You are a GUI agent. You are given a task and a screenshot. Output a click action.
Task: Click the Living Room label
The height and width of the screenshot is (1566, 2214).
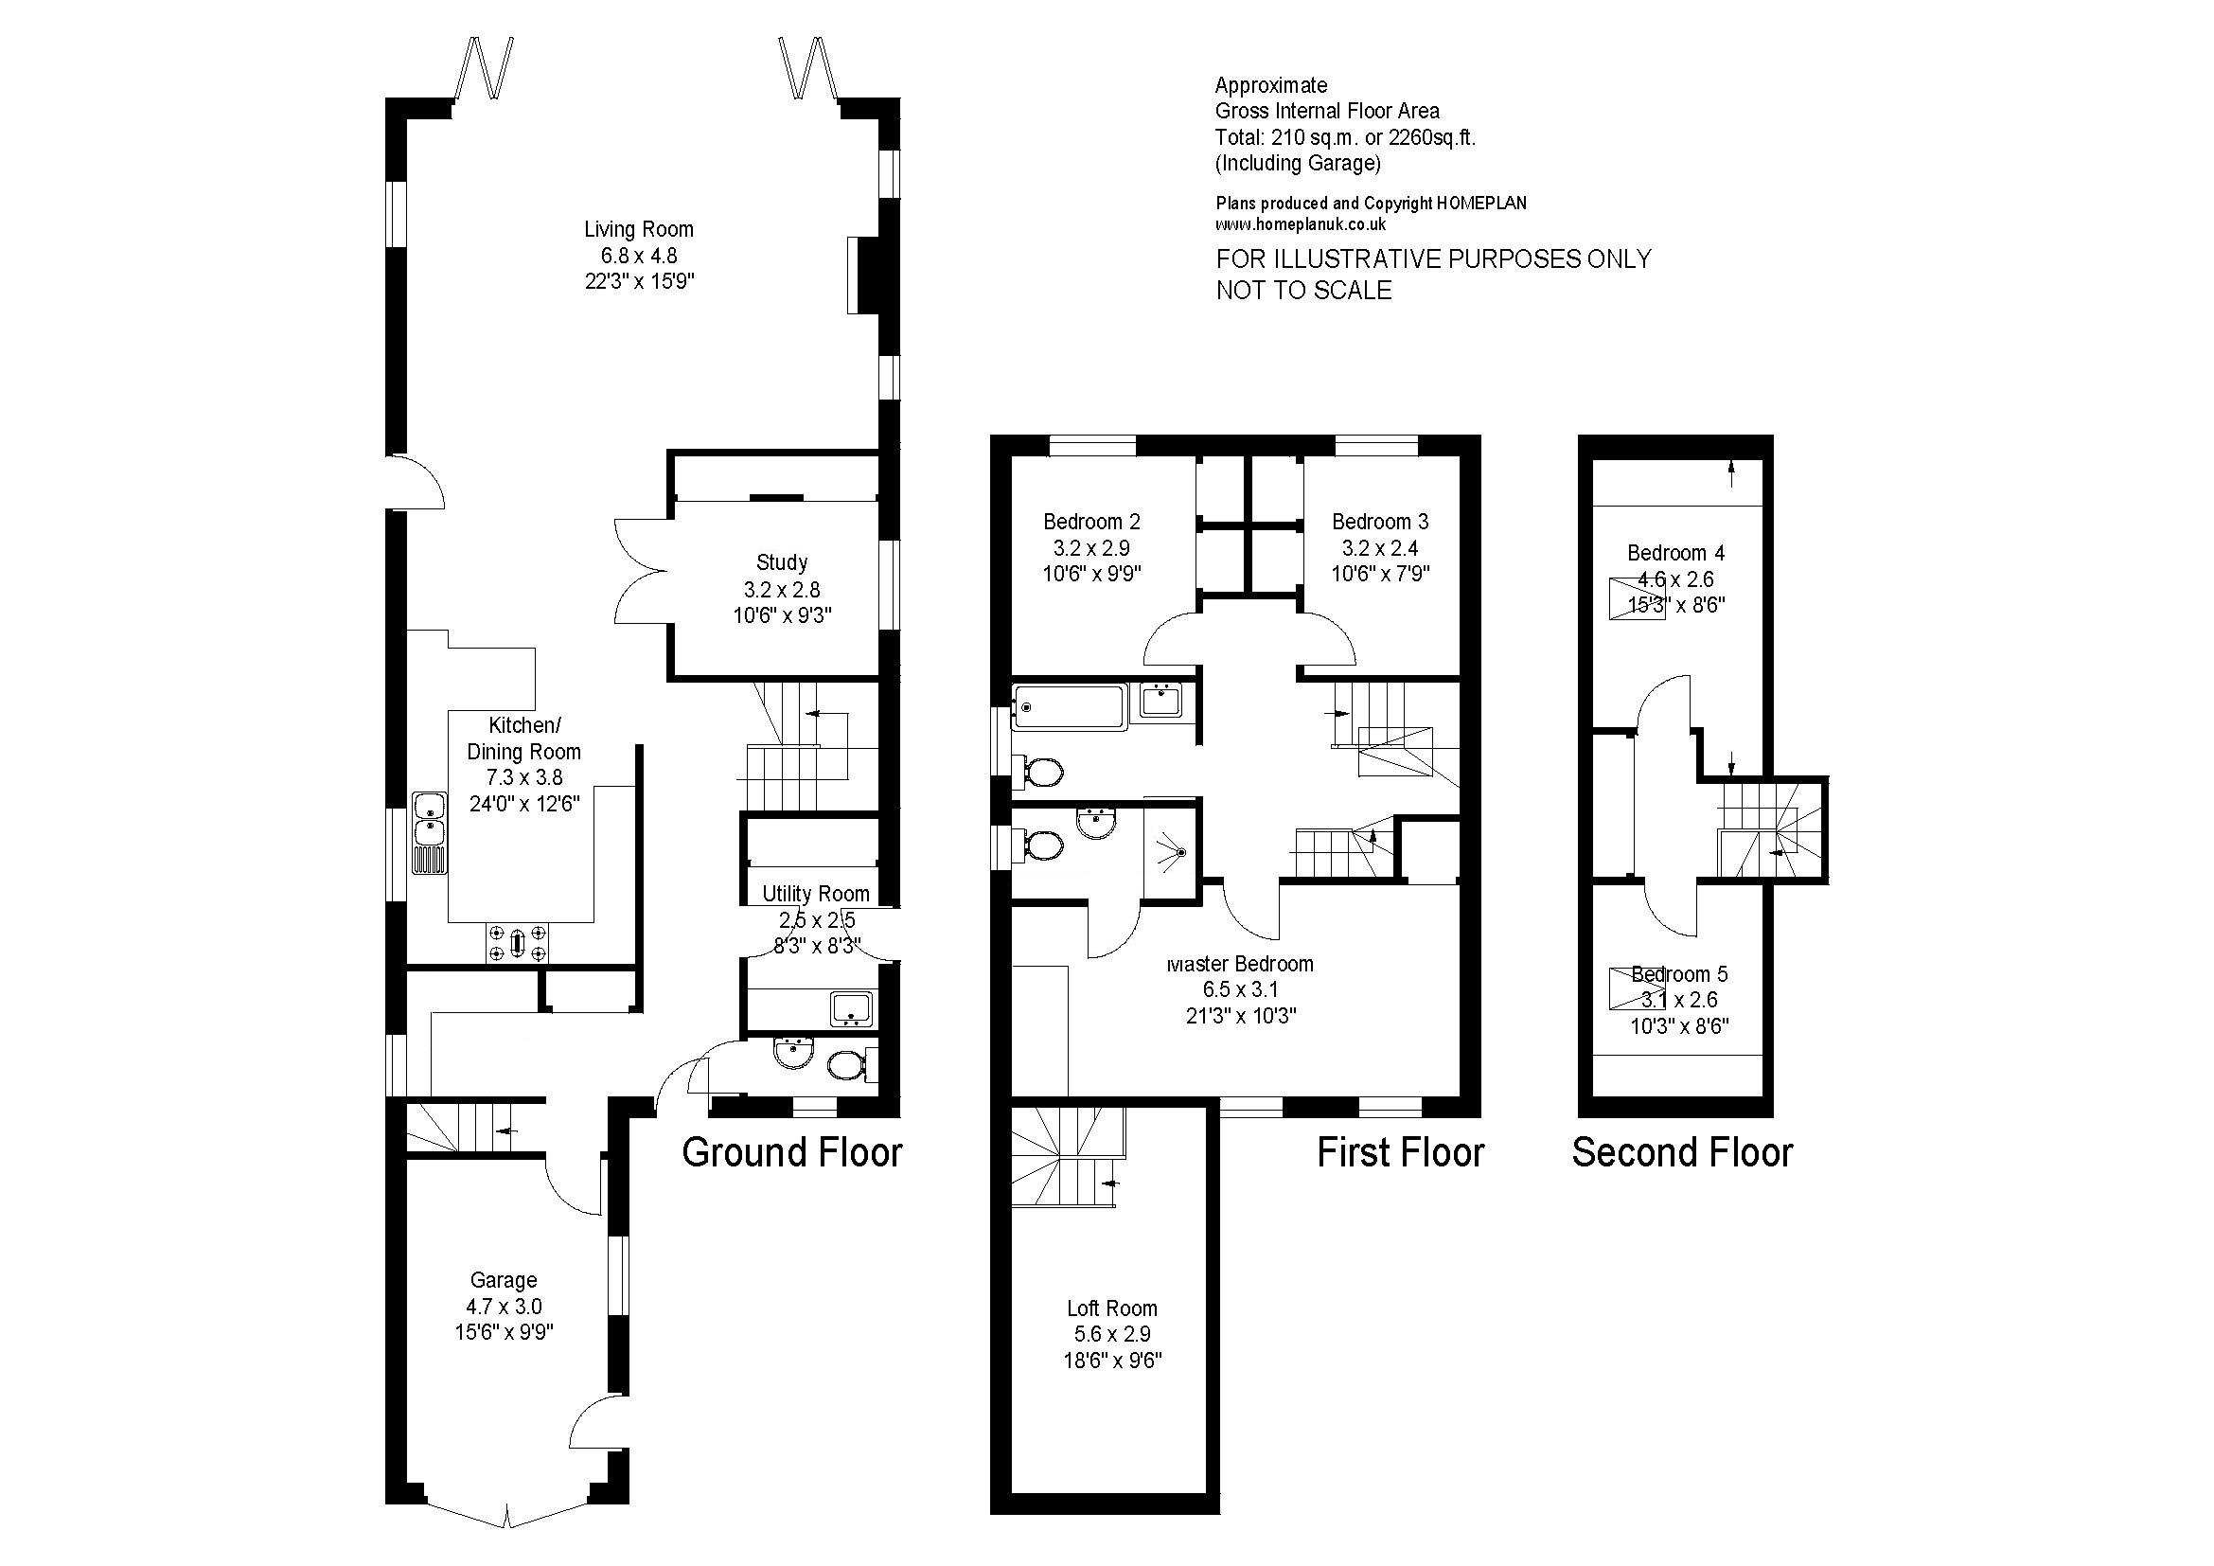pyautogui.click(x=638, y=229)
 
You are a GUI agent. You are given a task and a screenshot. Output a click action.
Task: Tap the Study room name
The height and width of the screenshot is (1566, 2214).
pyautogui.click(x=781, y=562)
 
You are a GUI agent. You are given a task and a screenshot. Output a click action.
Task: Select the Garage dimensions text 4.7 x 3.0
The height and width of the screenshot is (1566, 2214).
pyautogui.click(x=504, y=1307)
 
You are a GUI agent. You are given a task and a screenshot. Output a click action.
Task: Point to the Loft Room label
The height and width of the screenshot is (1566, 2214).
pyautogui.click(x=1112, y=1308)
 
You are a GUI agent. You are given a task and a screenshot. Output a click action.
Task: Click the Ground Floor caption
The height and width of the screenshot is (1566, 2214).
pyautogui.click(x=791, y=1152)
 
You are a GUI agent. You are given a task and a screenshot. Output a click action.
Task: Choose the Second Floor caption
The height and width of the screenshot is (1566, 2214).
pyautogui.click(x=1682, y=1152)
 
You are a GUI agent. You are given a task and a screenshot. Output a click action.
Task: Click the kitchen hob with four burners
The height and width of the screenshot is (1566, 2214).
pyautogui.click(x=518, y=942)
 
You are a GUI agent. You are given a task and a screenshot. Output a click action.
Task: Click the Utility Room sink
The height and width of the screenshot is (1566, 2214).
pyautogui.click(x=851, y=1007)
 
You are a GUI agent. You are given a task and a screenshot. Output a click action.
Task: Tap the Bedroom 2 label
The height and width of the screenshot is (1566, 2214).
pyautogui.click(x=1091, y=522)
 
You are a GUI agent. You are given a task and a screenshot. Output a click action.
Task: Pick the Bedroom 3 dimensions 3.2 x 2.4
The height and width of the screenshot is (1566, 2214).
pyautogui.click(x=1380, y=547)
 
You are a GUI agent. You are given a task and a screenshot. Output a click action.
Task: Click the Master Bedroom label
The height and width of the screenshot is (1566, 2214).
pyautogui.click(x=1240, y=963)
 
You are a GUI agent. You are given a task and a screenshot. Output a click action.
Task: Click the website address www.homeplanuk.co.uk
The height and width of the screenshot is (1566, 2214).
pyautogui.click(x=1301, y=223)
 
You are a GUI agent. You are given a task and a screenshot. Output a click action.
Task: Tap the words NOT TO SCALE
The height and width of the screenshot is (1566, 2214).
pyautogui.click(x=1303, y=291)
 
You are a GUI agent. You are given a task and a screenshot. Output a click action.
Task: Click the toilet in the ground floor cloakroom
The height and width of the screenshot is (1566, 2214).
pyautogui.click(x=847, y=1065)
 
